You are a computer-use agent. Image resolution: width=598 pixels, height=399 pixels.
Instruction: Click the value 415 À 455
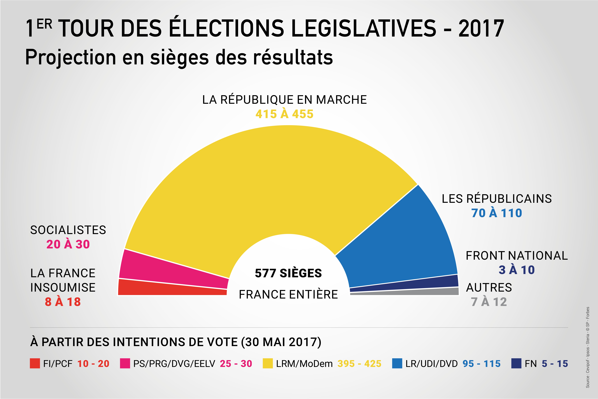click(x=284, y=114)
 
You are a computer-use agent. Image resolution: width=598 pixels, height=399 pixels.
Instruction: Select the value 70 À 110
click(x=497, y=213)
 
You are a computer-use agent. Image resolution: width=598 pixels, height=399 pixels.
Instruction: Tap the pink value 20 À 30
click(x=68, y=244)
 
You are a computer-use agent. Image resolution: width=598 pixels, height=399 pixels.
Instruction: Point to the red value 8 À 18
click(x=63, y=302)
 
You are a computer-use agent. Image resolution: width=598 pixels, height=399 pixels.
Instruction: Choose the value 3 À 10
click(x=517, y=270)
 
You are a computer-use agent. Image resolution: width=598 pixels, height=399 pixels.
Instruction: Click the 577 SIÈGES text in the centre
click(x=288, y=273)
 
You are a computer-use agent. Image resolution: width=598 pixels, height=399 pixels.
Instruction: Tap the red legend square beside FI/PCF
click(x=35, y=363)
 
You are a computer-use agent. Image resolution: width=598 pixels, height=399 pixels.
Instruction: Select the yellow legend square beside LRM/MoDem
click(x=268, y=363)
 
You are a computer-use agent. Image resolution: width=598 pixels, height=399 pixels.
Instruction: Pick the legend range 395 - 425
click(x=359, y=364)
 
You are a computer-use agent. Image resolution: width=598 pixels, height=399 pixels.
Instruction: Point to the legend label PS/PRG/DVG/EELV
click(x=174, y=364)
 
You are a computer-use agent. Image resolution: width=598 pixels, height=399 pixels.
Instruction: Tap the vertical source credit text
click(x=588, y=347)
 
